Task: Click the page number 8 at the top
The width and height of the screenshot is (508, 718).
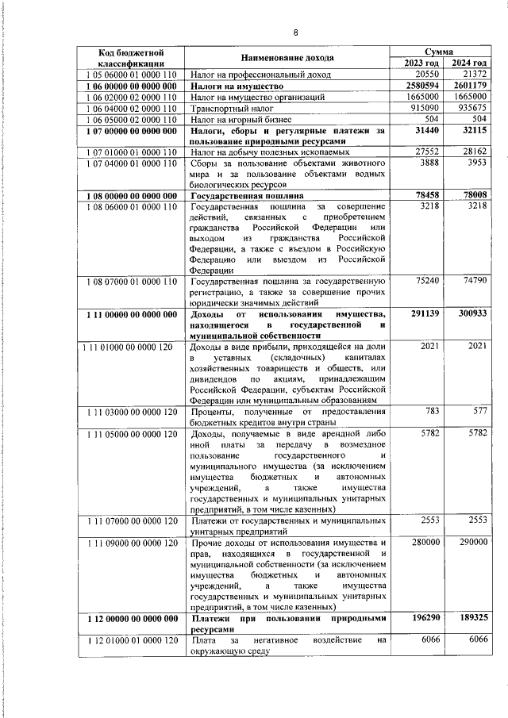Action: pos(295,33)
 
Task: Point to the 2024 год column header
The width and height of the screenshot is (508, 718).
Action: pos(467,63)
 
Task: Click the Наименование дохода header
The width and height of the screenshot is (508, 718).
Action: pos(287,57)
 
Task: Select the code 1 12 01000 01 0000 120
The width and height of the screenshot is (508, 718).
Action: pos(131,639)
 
